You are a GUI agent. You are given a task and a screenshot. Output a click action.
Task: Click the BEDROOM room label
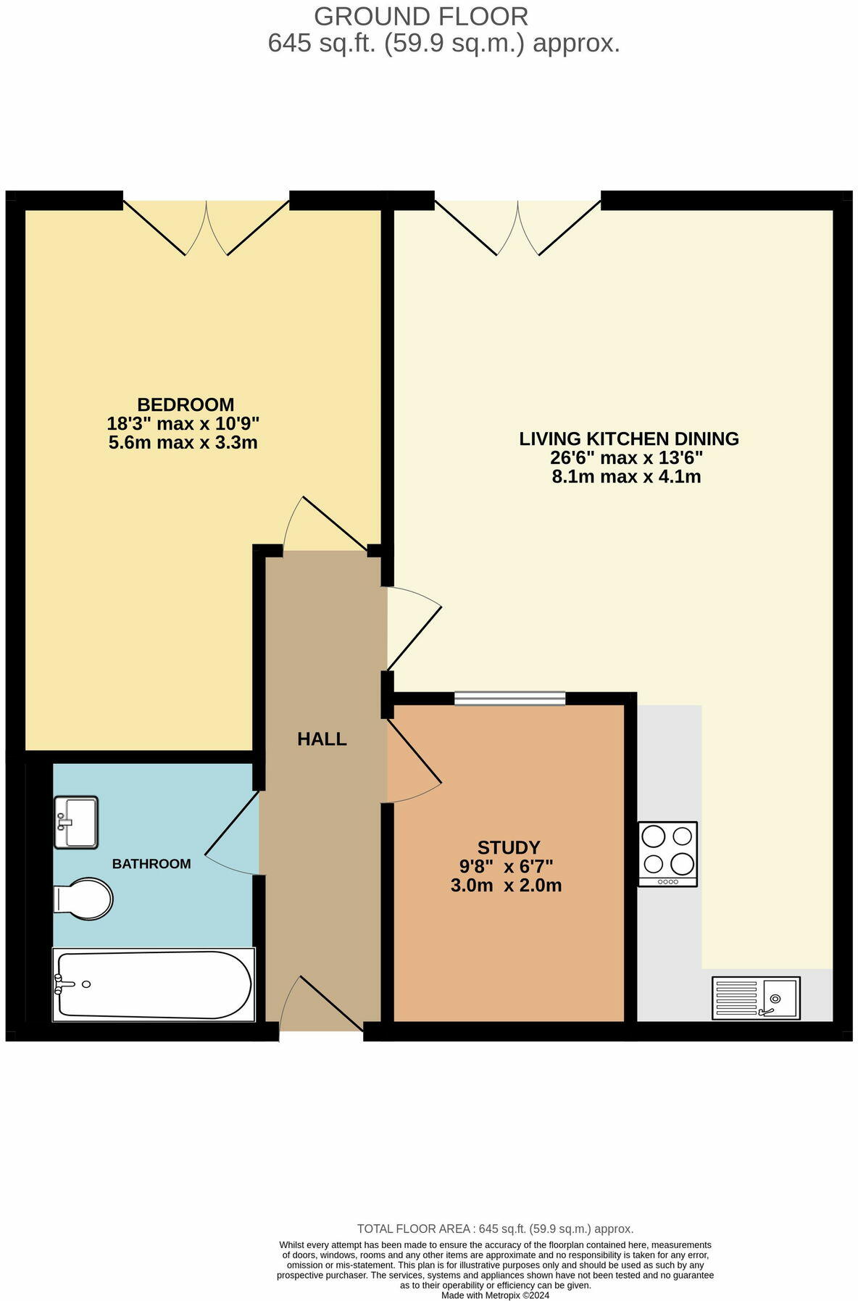pos(186,404)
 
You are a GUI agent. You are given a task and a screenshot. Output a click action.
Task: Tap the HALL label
pos(322,739)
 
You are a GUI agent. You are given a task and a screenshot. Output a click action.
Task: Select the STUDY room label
pos(508,847)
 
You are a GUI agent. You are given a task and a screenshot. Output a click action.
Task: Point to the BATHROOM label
pos(151,864)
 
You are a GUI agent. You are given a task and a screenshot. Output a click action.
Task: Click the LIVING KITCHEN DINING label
pos(628,438)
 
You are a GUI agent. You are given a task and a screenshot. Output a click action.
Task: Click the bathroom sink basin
pos(75,822)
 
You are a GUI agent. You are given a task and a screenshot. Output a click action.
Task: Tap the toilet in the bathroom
pos(83,900)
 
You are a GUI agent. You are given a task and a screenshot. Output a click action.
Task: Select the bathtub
pos(153,984)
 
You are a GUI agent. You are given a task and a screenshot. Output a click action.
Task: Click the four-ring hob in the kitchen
pos(667,853)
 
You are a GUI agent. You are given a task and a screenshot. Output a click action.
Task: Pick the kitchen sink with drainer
pos(754,998)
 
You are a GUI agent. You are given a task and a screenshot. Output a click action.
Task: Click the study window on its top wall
pos(509,698)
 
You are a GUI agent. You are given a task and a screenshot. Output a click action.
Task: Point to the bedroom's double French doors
pos(207,226)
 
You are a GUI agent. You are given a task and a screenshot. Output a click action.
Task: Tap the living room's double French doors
pos(517,226)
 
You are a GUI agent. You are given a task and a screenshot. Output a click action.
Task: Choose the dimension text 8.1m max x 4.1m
pos(626,477)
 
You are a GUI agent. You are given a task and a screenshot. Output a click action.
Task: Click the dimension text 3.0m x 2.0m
pos(506,885)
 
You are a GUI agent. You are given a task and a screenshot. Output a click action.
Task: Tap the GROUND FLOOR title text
pos(421,16)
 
